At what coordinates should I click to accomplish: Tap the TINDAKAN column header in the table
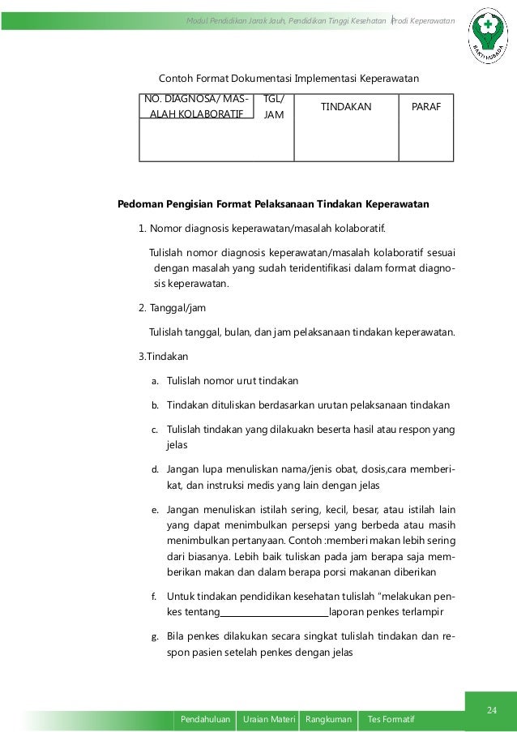347,106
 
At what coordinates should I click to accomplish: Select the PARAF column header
427,106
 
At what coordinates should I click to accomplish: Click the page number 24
490,711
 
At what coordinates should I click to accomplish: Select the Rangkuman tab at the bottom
328,719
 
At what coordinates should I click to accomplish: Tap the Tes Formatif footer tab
391,719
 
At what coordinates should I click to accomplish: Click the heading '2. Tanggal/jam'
169,307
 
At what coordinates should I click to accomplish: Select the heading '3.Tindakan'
161,356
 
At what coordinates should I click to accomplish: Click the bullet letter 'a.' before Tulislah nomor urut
155,380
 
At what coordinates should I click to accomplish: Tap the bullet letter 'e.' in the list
155,512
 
